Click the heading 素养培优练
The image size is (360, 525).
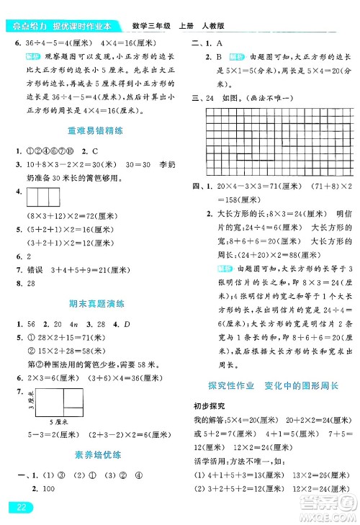coord(89,454)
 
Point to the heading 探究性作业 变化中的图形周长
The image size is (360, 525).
coord(272,385)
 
